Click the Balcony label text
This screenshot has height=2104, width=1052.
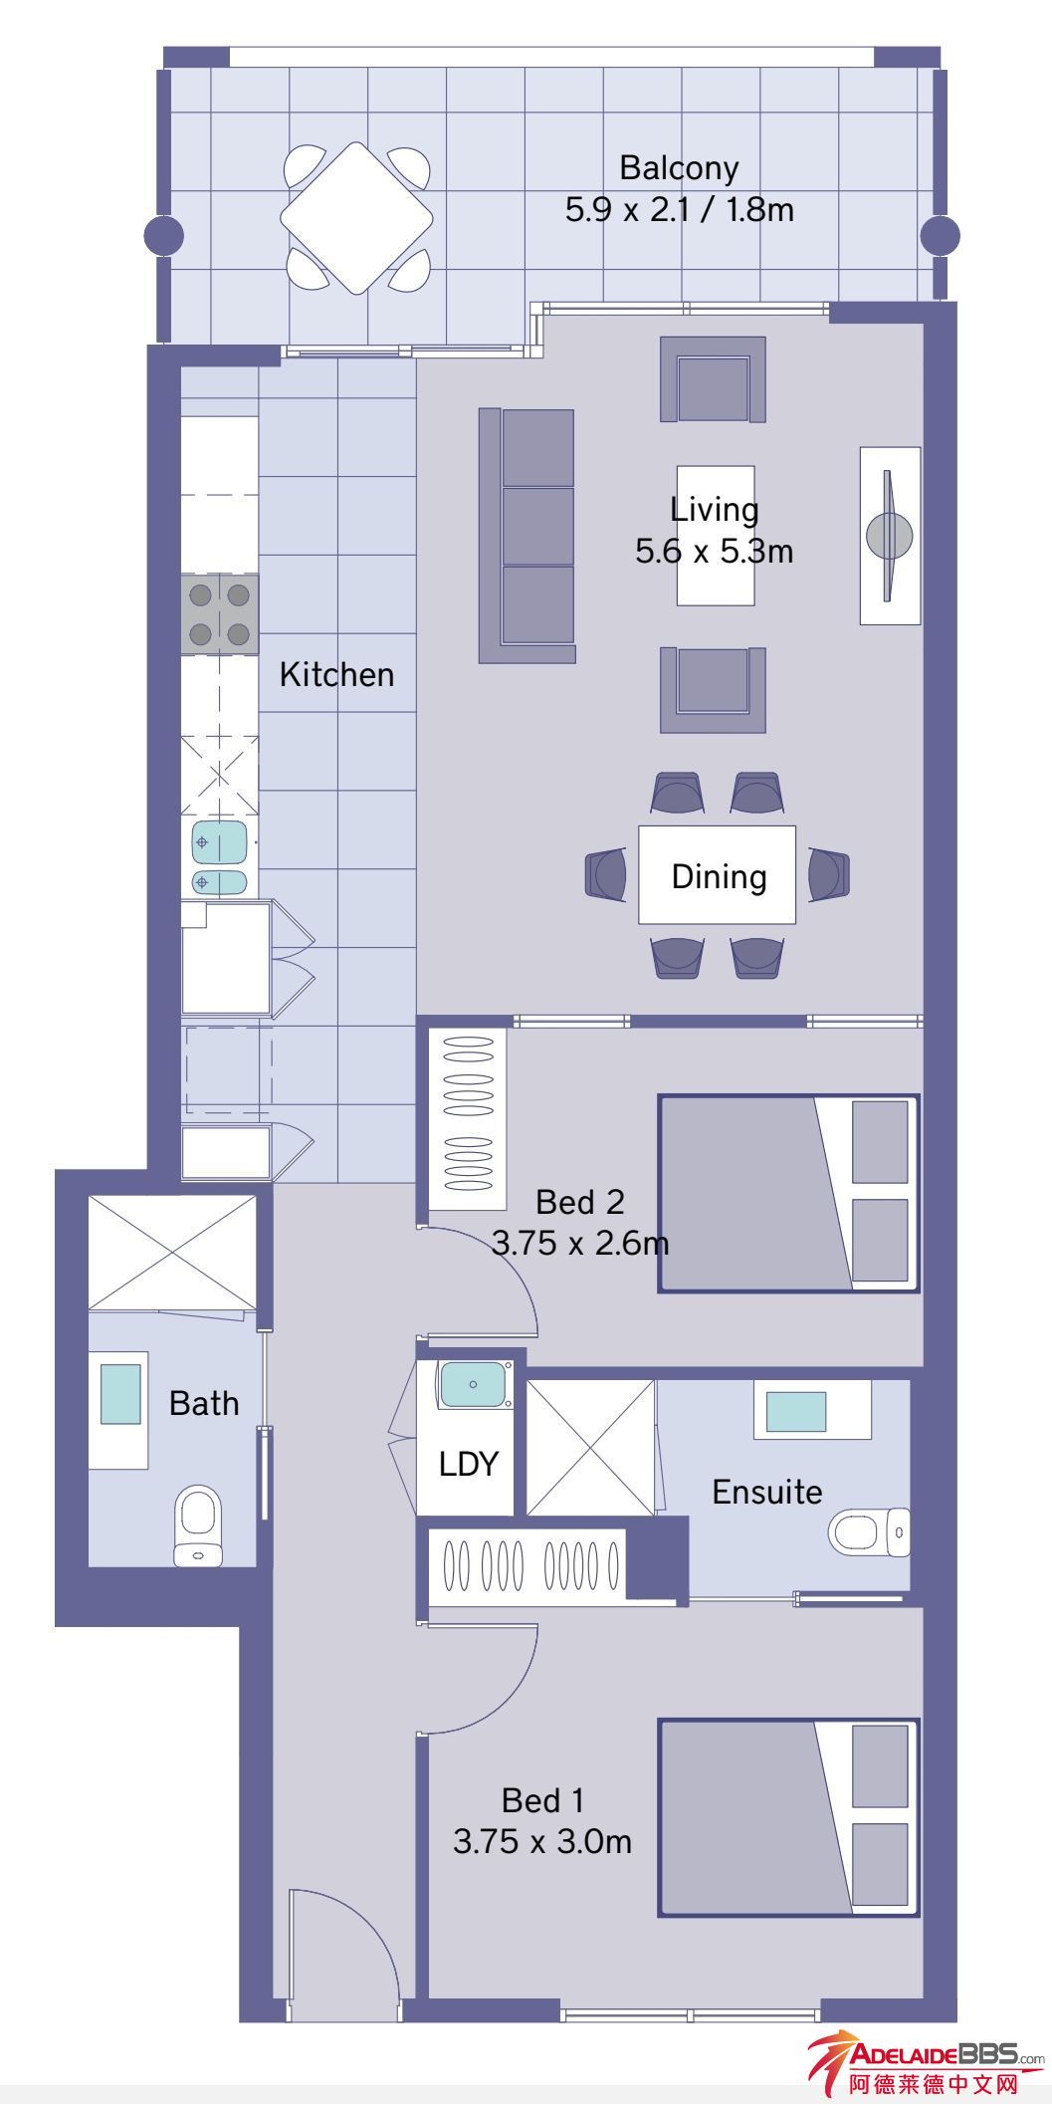(679, 168)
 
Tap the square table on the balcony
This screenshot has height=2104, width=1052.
(357, 217)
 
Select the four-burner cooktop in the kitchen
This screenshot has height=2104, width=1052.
(220, 613)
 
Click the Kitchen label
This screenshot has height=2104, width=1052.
(336, 675)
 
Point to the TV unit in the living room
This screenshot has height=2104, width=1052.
(890, 536)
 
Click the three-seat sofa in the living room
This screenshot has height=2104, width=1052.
(527, 536)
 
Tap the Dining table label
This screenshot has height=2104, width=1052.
(719, 876)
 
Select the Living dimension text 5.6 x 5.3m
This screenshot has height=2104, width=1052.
(714, 551)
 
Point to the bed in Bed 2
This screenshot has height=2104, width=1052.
(788, 1194)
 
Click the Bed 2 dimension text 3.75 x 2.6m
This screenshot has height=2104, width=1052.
(580, 1244)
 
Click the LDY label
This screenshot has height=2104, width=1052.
(468, 1464)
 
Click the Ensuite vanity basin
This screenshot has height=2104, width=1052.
(795, 1410)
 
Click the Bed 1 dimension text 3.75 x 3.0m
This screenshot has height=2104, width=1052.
(542, 1841)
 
